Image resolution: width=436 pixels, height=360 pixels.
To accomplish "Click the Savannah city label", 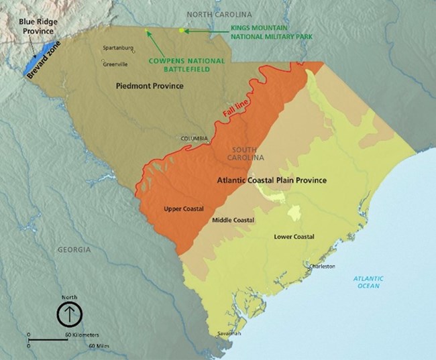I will pos(229,333).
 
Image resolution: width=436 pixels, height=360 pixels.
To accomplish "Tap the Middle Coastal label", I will pos(232,220).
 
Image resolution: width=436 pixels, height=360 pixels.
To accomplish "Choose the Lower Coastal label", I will pos(294,237).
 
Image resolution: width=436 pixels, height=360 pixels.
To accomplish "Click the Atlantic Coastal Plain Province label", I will pos(272,180).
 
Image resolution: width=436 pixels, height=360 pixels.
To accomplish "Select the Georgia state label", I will pos(73,249).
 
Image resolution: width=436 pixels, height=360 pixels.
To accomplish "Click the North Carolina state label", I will pos(219,14).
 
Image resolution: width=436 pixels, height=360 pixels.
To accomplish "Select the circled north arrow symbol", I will pos(69,313).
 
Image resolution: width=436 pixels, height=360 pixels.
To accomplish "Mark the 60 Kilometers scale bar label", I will pos(82,334).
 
